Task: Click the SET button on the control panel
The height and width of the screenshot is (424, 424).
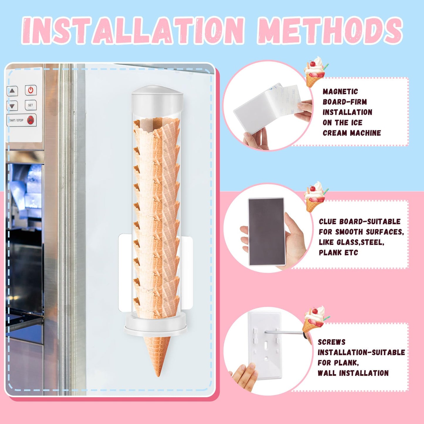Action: [31, 105]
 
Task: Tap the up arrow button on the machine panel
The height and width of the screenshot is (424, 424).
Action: [12, 91]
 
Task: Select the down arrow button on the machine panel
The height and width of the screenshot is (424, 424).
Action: [12, 106]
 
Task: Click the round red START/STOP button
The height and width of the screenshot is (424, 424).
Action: [31, 120]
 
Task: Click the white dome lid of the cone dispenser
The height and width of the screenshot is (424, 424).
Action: [157, 97]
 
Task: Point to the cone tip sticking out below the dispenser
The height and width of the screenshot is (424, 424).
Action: [157, 357]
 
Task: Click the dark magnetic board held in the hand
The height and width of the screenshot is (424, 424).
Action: [266, 232]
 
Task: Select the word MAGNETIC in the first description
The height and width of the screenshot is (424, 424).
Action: [340, 92]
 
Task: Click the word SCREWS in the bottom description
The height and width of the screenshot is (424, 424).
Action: [332, 342]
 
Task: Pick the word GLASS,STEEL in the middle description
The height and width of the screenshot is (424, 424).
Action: [352, 242]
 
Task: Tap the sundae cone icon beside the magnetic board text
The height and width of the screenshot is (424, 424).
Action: [315, 72]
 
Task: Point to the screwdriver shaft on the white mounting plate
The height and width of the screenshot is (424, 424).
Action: [284, 332]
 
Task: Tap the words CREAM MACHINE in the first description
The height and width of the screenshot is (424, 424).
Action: [352, 133]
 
